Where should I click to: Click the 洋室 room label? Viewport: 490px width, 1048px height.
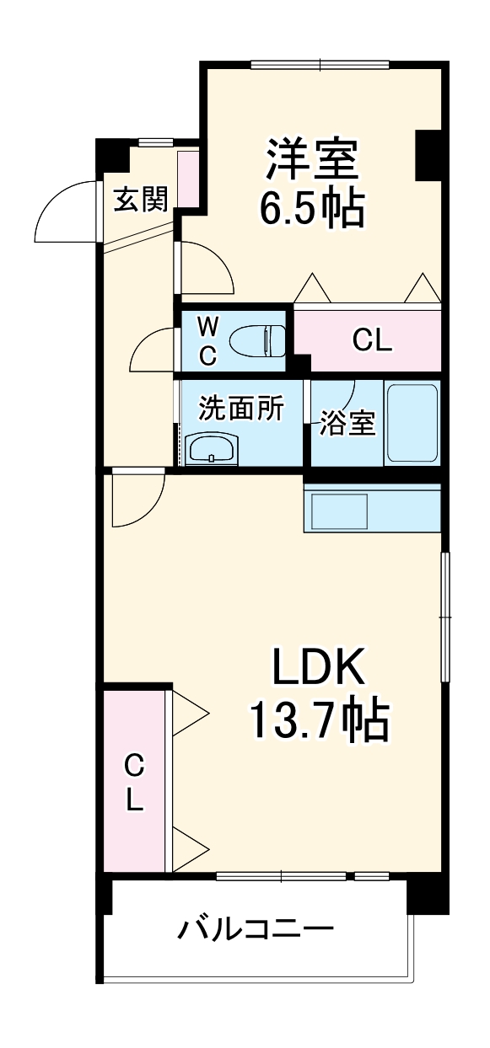coord(313,159)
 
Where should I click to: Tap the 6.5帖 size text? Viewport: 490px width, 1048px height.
coord(311,209)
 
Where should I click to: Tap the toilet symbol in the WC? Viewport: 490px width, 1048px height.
coord(260,340)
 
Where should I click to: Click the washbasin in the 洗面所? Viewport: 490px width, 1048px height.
coord(212,450)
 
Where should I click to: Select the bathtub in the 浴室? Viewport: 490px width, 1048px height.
coord(412,423)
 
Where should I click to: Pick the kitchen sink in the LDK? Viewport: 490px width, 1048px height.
coord(340,511)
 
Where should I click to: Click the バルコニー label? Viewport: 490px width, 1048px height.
coord(256,931)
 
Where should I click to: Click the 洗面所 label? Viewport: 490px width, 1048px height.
coord(240,408)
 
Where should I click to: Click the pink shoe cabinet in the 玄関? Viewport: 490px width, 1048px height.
coord(188,178)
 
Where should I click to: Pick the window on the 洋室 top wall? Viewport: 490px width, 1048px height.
coord(320,64)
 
